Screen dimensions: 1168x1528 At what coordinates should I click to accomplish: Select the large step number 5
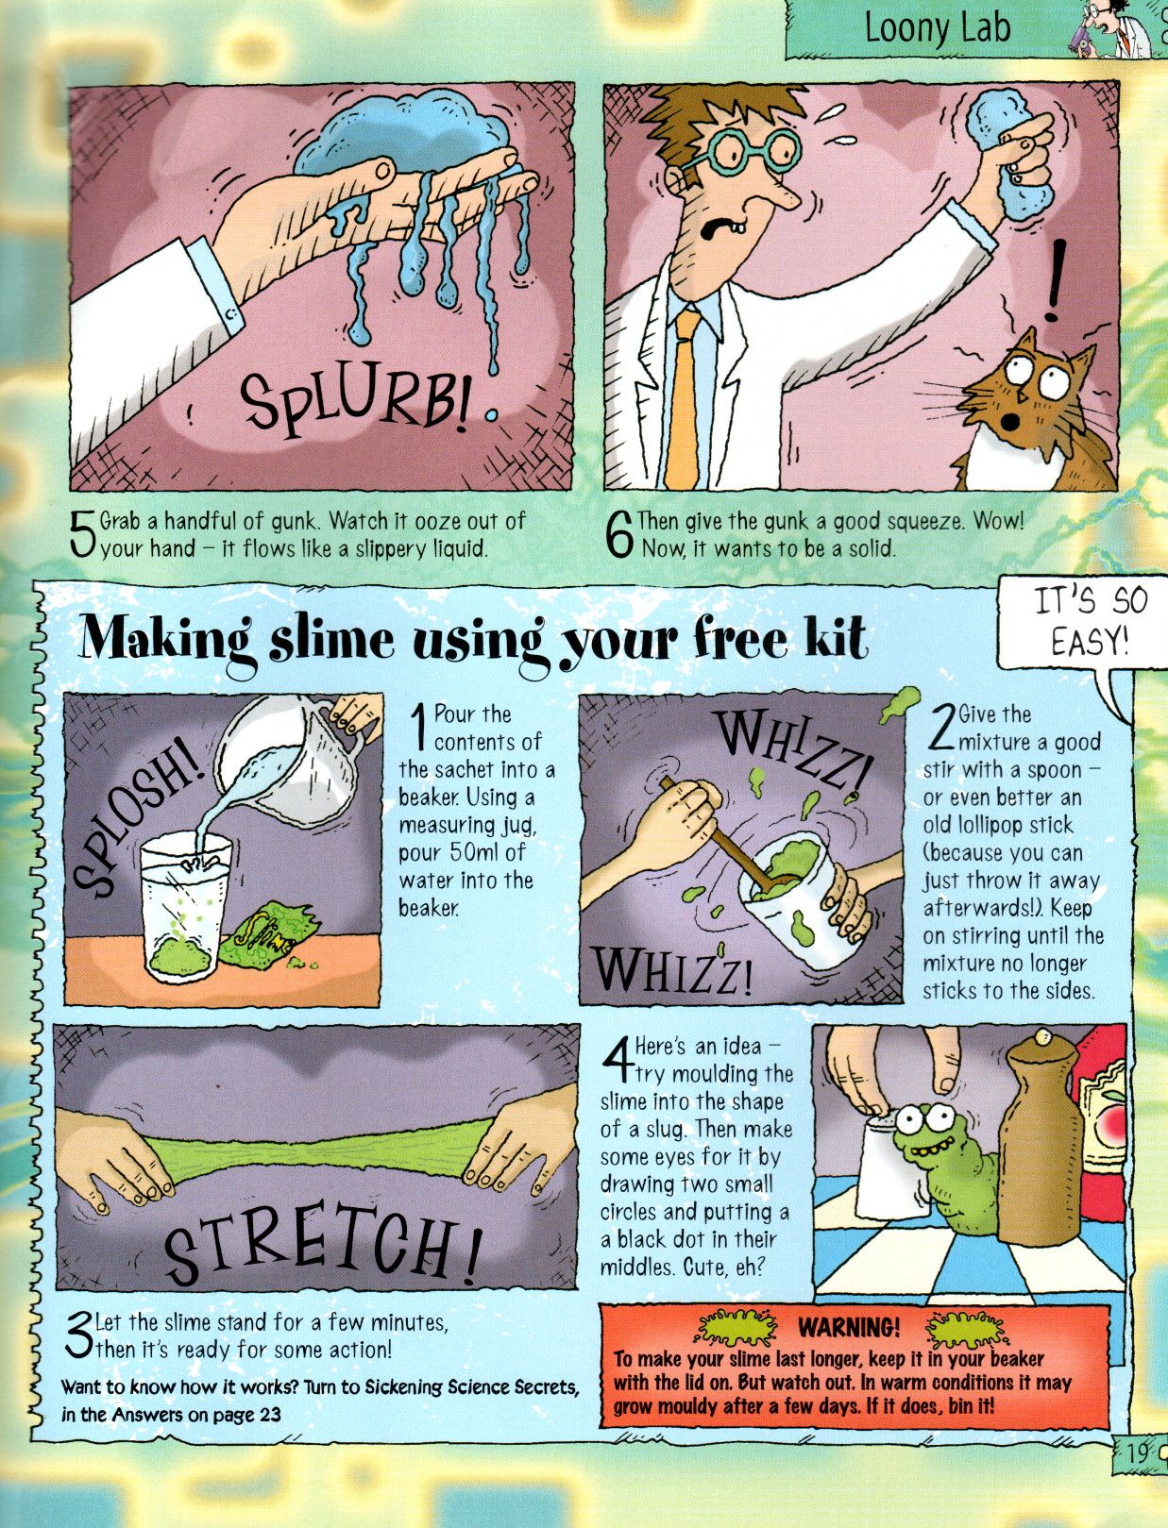(83, 536)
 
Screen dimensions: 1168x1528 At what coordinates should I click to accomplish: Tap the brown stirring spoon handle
(711, 836)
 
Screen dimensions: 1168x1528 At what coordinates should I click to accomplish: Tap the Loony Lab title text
(936, 29)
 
